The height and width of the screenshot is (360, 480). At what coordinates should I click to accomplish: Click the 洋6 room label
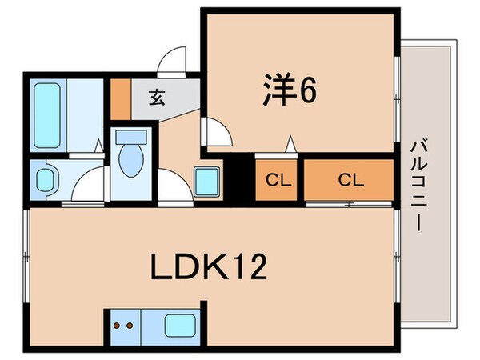coord(290,90)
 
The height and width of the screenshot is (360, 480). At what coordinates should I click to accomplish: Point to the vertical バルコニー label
coord(417,186)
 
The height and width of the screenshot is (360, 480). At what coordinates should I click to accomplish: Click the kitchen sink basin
coord(178,326)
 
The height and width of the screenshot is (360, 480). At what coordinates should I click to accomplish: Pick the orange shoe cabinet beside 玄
coord(119,97)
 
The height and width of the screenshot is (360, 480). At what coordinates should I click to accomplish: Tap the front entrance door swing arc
coord(172,63)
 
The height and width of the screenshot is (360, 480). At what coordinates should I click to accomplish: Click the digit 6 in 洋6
coord(308,90)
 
